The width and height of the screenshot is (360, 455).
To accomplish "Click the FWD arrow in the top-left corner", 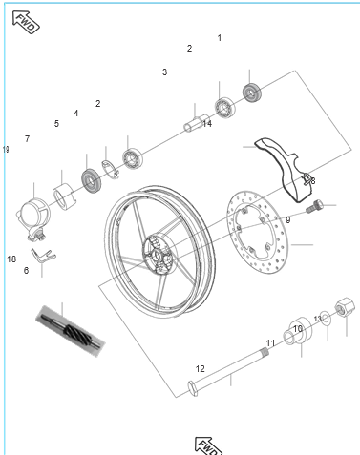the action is tap(26, 22).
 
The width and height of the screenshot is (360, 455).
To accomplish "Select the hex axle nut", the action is tap(345, 306).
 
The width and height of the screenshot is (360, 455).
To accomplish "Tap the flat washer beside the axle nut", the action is tap(326, 319).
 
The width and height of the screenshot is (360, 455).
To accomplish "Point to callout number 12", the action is tap(200, 369).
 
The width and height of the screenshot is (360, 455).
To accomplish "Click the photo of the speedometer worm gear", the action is tap(71, 331).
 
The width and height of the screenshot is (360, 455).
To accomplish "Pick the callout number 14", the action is tap(207, 124).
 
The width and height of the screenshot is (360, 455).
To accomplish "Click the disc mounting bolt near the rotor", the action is tap(313, 206).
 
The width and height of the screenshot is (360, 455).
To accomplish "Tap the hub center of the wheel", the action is tap(157, 254).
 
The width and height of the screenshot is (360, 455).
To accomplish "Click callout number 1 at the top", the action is tap(220, 38).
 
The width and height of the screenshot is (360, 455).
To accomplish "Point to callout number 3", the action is tap(164, 72).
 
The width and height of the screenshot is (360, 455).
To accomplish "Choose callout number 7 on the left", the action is tap(27, 138).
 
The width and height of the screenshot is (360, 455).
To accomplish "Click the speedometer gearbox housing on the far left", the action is tap(32, 216).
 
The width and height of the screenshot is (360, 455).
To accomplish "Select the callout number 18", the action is tap(11, 259).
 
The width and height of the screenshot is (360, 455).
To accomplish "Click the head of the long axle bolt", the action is tap(193, 388).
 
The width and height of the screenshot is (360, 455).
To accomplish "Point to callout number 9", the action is tap(288, 219).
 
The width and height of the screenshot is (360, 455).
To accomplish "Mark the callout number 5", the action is tap(56, 123).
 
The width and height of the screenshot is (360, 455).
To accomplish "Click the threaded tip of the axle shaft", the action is tap(264, 351).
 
